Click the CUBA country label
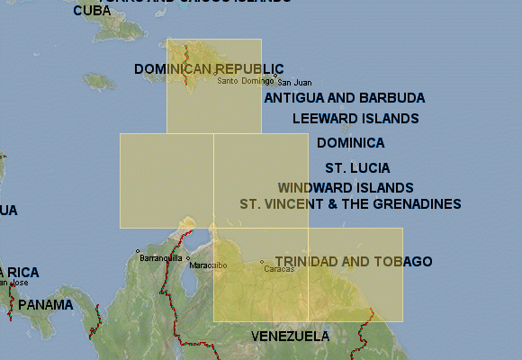[92, 11]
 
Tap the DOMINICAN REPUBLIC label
[209, 69]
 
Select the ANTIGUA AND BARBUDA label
[345, 98]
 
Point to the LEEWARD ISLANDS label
[355, 119]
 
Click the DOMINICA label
[350, 143]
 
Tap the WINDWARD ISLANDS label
[346, 188]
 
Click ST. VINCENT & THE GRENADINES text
[350, 204]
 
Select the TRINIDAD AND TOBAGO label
[354, 262]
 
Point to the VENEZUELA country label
[290, 337]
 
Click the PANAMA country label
[46, 305]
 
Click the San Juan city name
[295, 83]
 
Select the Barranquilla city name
[161, 258]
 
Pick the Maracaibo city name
[209, 266]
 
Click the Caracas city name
[279, 269]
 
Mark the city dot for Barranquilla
[138, 251]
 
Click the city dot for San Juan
[275, 76]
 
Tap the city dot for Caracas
[262, 262]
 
